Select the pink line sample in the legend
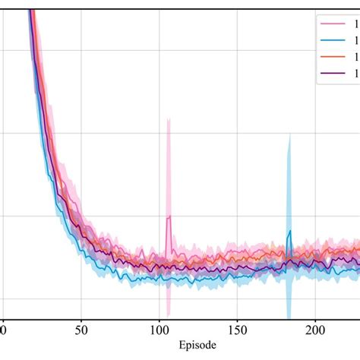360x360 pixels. click(332, 23)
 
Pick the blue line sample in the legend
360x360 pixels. click(332, 39)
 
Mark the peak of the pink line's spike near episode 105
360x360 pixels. click(169, 216)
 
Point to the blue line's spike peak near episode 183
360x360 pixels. click(289, 232)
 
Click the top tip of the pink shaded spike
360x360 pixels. click(169, 119)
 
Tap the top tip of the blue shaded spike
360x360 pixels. click(289, 136)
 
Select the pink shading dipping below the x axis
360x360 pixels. click(168, 312)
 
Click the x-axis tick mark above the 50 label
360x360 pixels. click(81, 319)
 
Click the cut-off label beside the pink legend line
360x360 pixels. click(355, 23)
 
